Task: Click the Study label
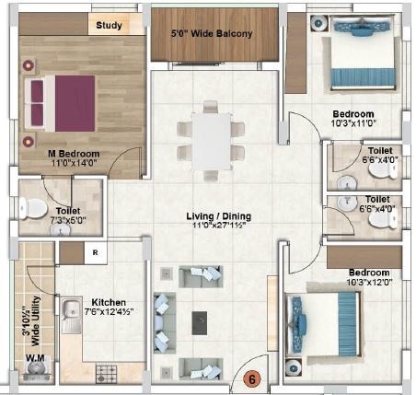[109, 26]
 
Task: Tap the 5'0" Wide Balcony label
[213, 34]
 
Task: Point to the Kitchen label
[108, 301]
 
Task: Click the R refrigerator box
[95, 250]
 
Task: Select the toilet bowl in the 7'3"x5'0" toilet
[30, 206]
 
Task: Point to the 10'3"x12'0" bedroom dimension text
[368, 283]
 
